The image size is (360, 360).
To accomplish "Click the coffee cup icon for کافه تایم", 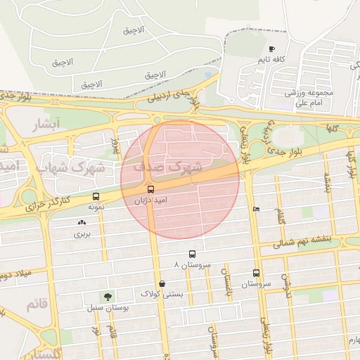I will click(271, 49).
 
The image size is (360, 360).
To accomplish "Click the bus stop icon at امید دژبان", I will click(150, 189).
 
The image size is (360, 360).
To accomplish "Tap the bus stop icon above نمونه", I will click(96, 196).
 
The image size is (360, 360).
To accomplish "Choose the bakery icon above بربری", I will click(82, 222).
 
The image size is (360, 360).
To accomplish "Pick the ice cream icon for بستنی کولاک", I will click(162, 283).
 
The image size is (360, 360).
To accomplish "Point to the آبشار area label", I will click(47, 124).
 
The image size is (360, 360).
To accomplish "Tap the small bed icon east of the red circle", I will click(256, 209).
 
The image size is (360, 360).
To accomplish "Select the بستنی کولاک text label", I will click(162, 294).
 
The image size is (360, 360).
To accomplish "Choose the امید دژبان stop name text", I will click(150, 201).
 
